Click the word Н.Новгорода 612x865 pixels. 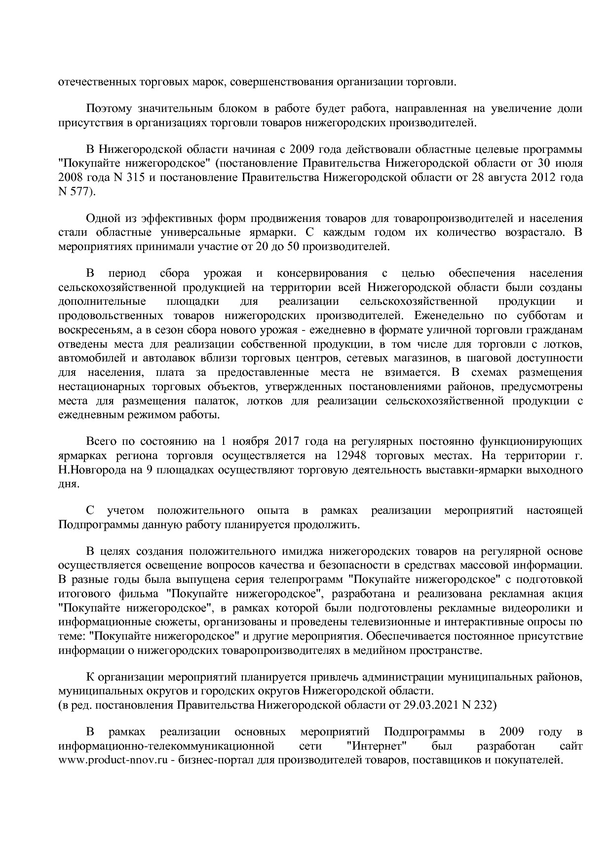point(91,469)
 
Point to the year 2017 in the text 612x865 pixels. point(287,441)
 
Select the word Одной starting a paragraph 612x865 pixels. point(101,218)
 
